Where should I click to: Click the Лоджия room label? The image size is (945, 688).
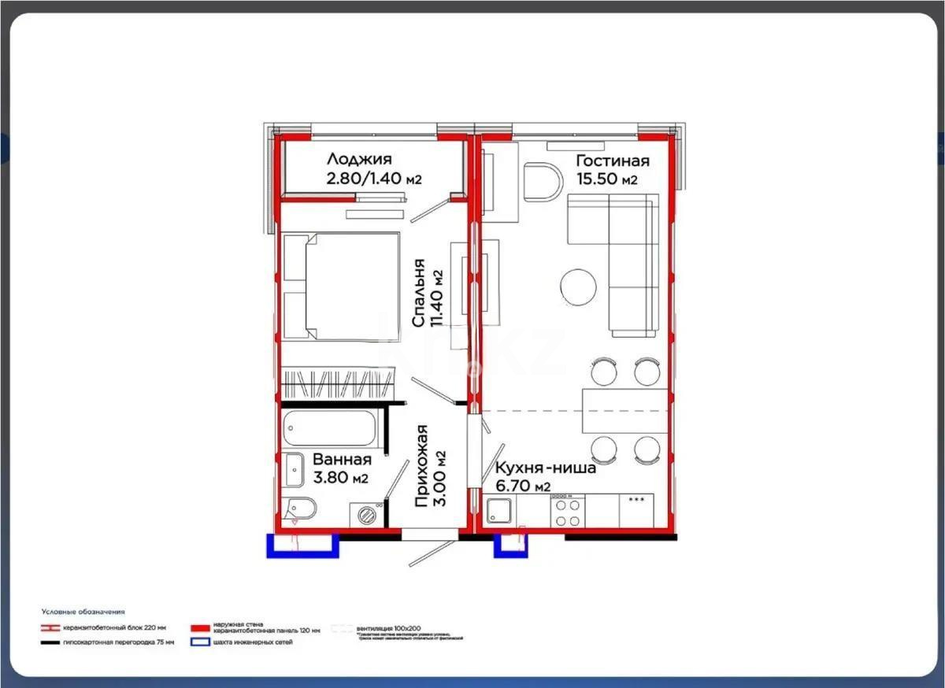[359, 160]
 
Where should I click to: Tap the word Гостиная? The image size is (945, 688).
[613, 161]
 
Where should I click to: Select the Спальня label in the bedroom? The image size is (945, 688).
[418, 293]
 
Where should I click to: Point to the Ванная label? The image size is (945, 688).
[341, 460]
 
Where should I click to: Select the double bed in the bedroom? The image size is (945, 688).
[340, 286]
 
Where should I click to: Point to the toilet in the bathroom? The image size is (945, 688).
[301, 509]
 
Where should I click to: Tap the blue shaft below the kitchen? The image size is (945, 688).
[509, 546]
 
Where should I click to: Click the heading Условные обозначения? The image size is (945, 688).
[83, 612]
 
